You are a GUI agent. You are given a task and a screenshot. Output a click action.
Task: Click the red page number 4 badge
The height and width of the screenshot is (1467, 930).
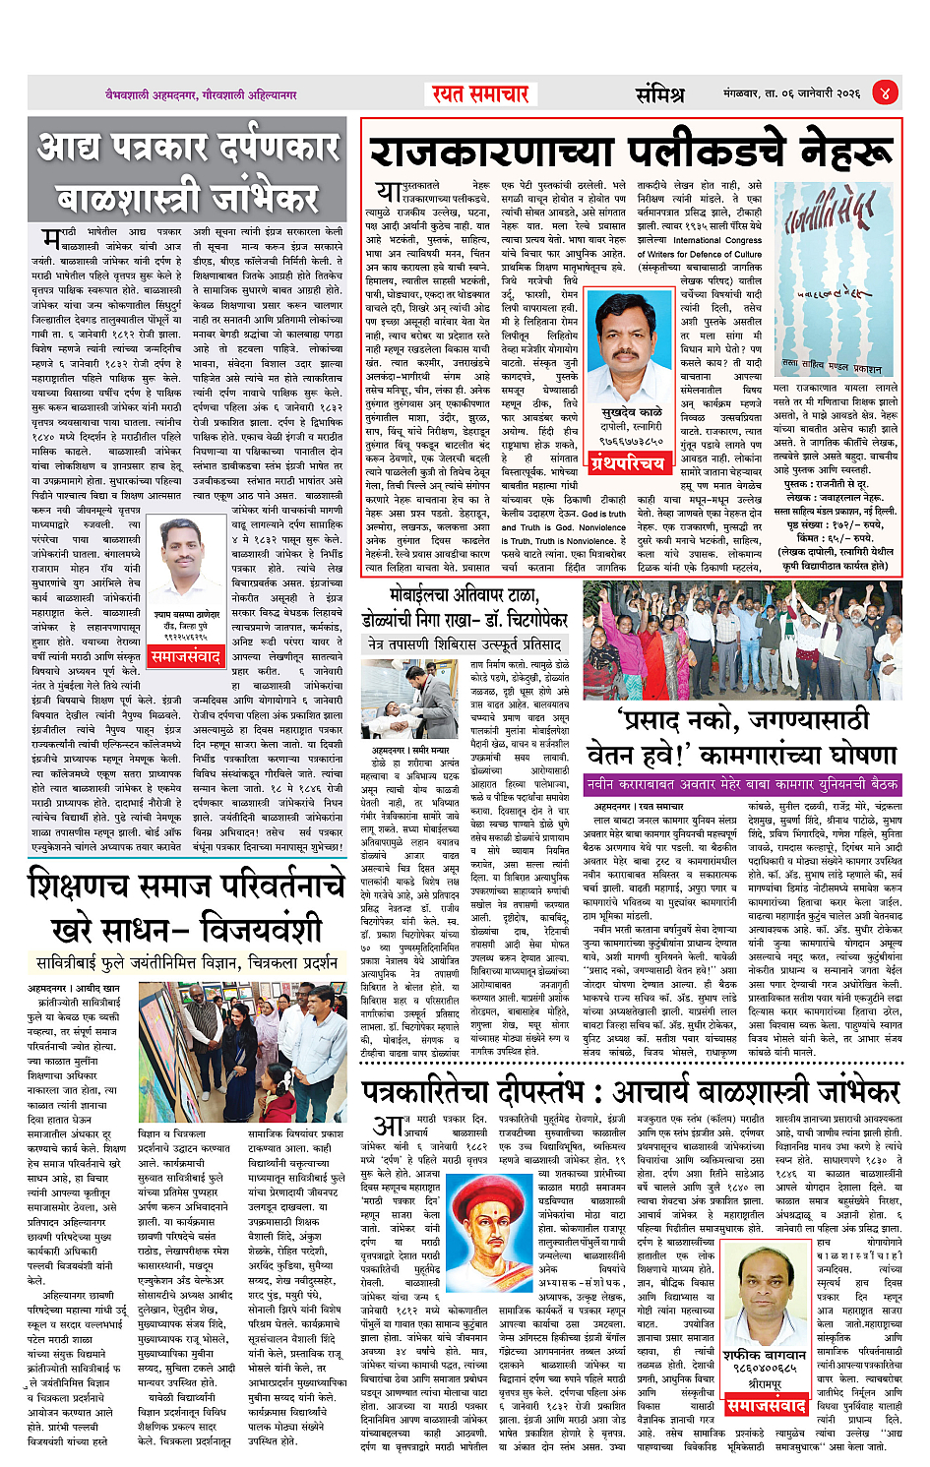click(x=885, y=93)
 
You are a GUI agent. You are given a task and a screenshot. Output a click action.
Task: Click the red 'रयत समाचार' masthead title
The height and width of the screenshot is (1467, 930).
click(x=480, y=94)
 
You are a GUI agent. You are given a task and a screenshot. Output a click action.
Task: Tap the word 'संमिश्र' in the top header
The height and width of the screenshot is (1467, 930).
click(x=659, y=94)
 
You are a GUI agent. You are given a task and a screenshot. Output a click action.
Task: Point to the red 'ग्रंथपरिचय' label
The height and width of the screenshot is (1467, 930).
click(x=627, y=462)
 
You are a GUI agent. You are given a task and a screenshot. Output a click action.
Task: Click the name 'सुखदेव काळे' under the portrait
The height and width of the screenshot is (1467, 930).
click(x=631, y=412)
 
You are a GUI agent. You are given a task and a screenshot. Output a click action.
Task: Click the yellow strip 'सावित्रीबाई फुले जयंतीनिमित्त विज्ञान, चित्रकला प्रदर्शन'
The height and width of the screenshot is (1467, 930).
click(x=187, y=961)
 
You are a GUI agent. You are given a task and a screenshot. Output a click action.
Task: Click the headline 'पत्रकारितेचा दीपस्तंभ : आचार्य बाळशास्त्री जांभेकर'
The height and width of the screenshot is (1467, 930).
click(x=630, y=1092)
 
